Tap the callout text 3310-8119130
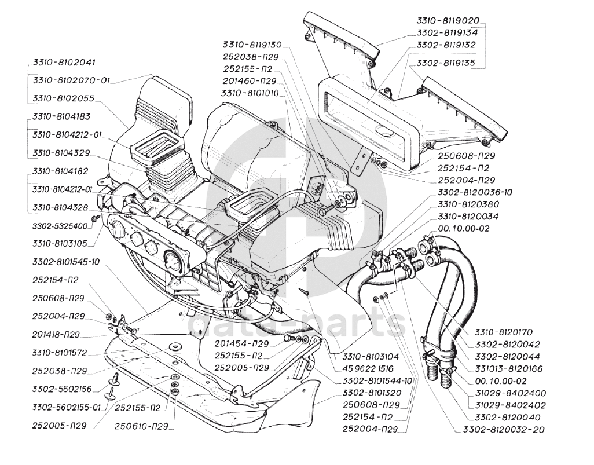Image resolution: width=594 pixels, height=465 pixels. (251, 45)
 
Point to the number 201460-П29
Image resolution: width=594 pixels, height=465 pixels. (250, 80)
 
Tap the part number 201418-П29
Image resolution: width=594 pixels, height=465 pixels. (56, 334)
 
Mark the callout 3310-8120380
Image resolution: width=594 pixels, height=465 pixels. (468, 204)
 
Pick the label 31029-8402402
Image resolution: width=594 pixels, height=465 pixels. (510, 405)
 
